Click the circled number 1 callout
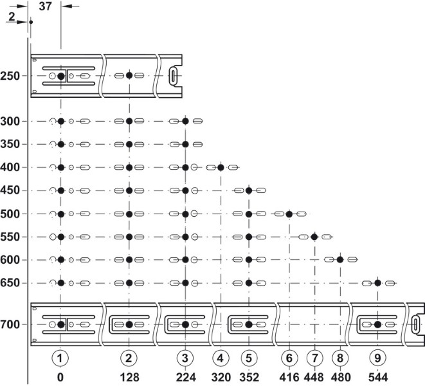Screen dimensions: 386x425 click(x=60, y=356)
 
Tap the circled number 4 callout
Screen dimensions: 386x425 click(x=221, y=356)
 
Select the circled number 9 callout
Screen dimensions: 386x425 click(x=378, y=356)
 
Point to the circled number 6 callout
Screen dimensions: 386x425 click(x=289, y=356)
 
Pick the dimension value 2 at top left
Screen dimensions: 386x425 click(x=12, y=17)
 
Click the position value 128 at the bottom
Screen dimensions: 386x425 click(x=129, y=374)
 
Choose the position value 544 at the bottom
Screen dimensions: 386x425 click(x=378, y=374)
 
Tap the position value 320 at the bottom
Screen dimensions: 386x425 click(x=221, y=374)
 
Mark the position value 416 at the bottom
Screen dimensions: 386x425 click(x=289, y=374)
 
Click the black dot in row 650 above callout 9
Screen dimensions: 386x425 click(x=378, y=283)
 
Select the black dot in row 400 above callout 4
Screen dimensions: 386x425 click(x=221, y=167)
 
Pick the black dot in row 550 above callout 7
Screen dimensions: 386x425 click(x=314, y=237)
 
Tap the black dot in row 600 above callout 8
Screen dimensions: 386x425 click(x=340, y=260)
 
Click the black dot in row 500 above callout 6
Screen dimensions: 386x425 click(x=289, y=214)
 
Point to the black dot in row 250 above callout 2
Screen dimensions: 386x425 click(x=129, y=75)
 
